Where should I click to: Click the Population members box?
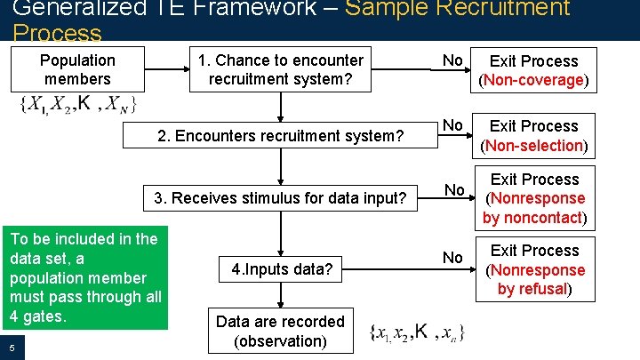pyautogui.click(x=78, y=69)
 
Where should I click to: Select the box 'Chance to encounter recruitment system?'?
pyautogui.click(x=281, y=70)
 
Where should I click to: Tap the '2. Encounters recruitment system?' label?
pyautogui.click(x=281, y=136)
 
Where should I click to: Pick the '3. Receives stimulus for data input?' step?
pyautogui.click(x=281, y=198)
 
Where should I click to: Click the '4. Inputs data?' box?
pyautogui.click(x=281, y=268)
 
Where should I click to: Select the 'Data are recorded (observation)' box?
pyautogui.click(x=281, y=331)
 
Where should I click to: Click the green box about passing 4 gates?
pyautogui.click(x=84, y=277)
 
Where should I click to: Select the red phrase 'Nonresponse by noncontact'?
pyautogui.click(x=536, y=208)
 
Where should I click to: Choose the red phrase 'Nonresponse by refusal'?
pyautogui.click(x=536, y=279)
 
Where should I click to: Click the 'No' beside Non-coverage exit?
pyautogui.click(x=453, y=60)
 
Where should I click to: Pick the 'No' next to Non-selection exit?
pyautogui.click(x=453, y=125)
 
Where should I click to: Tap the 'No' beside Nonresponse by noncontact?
pyautogui.click(x=454, y=189)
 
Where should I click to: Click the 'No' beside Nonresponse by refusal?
pyautogui.click(x=453, y=258)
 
